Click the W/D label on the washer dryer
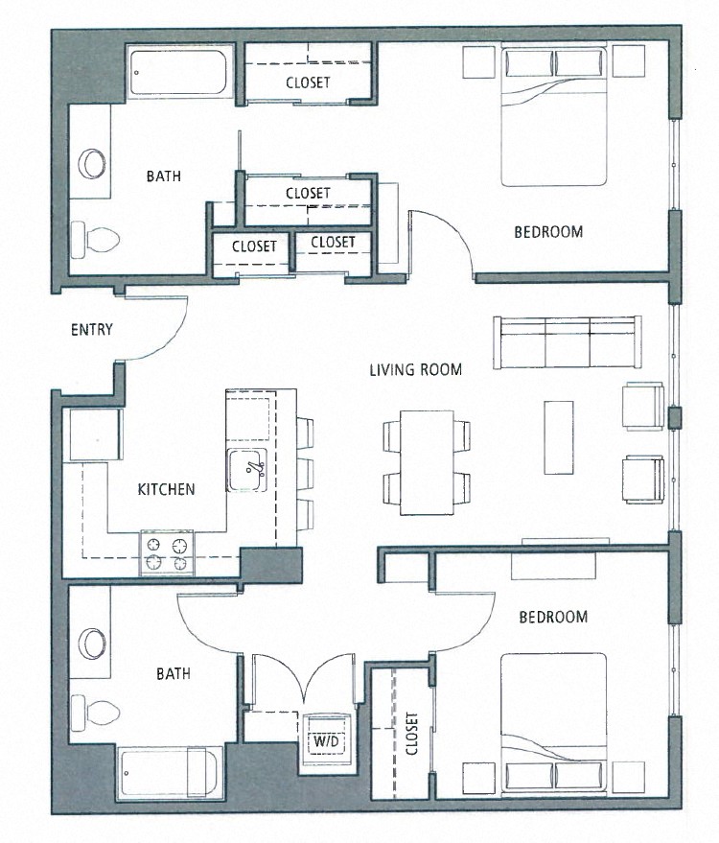[321, 741]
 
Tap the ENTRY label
[92, 330]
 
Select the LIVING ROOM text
[416, 369]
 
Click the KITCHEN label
[166, 489]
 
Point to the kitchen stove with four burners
[167, 552]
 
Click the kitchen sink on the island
[249, 469]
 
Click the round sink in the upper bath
[93, 162]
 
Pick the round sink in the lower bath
[93, 643]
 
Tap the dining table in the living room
[427, 461]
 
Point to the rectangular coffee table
[559, 436]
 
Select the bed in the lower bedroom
[554, 725]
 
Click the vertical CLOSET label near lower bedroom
[412, 734]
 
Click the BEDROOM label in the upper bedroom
[548, 232]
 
